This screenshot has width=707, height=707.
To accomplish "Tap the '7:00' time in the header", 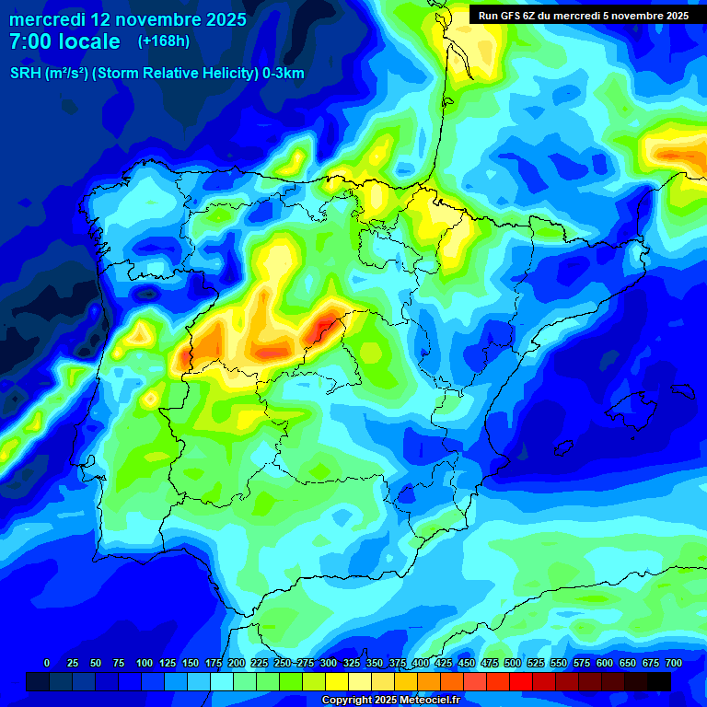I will [29, 41].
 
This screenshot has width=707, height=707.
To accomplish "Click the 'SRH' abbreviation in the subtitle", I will [25, 74].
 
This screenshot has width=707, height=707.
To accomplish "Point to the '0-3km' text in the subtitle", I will [283, 74].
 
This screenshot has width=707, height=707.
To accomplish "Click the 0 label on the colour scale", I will [47, 663].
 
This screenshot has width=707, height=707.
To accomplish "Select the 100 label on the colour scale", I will [145, 663].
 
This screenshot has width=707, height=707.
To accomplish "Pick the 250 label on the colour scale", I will [283, 663].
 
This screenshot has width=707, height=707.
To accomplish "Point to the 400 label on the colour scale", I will [421, 663].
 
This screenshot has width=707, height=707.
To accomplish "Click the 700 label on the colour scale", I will [674, 663].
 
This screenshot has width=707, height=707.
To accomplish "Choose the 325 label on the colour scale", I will [352, 663].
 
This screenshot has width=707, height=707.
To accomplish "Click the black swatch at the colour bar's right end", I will [659, 681].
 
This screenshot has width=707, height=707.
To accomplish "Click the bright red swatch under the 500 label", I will [521, 681].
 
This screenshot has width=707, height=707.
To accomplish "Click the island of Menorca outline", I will [682, 391].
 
